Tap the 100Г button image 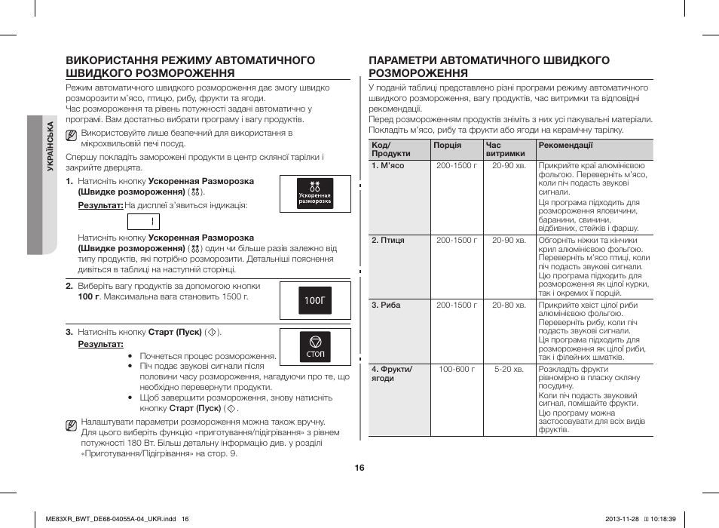coord(315,300)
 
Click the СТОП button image coord(315,345)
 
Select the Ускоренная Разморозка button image coord(315,193)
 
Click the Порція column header coord(447,145)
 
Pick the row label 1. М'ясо coord(388,165)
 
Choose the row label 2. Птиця coord(388,240)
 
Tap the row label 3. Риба coord(386,305)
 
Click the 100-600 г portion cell coord(457,370)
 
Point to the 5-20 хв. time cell coord(508,370)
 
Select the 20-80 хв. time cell coord(508,305)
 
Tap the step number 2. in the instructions coord(69,286)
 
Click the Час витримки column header coord(505,149)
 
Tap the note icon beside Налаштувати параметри coord(71,426)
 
